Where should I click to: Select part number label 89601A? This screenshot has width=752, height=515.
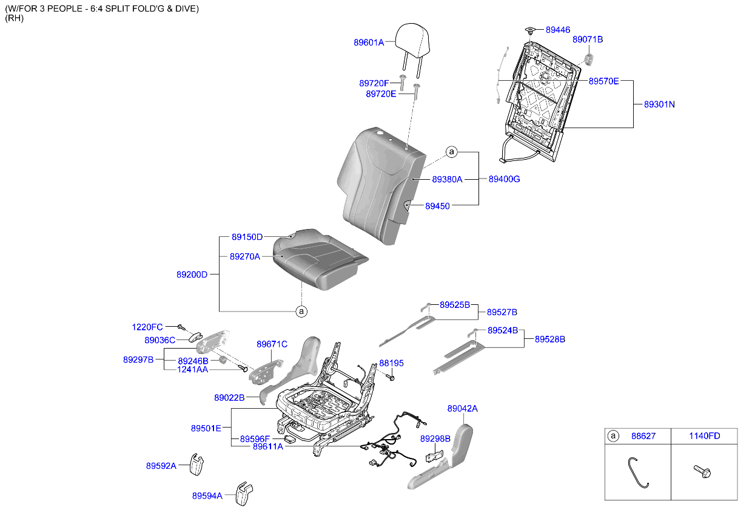(x=369, y=43)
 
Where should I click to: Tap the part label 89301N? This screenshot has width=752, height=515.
(x=655, y=104)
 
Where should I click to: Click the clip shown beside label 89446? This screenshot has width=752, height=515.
(x=531, y=29)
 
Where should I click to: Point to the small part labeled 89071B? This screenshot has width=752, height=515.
(x=588, y=58)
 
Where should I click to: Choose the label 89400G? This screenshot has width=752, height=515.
(x=504, y=179)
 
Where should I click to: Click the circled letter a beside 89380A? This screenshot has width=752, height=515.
(x=452, y=152)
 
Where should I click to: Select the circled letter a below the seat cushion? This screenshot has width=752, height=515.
(x=301, y=312)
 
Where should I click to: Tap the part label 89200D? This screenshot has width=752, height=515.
(x=192, y=275)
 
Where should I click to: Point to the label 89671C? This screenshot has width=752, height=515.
(x=272, y=344)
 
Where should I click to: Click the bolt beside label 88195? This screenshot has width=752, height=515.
(x=390, y=377)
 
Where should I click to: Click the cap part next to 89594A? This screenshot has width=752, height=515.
(x=244, y=493)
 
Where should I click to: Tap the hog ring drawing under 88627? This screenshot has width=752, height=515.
(x=637, y=472)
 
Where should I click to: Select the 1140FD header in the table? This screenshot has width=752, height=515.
(x=704, y=435)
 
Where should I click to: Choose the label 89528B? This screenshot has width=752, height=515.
(x=549, y=339)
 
